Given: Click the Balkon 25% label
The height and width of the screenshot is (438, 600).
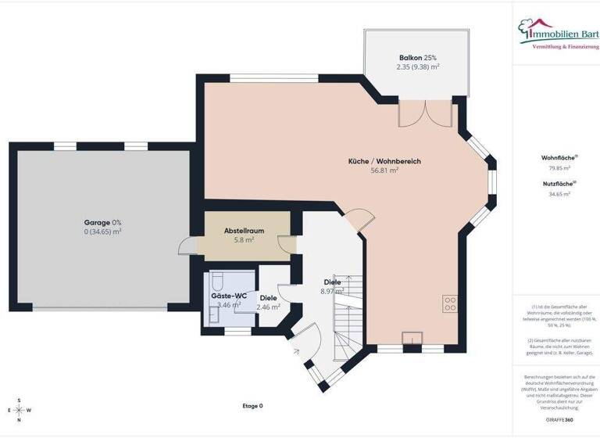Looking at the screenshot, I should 417,58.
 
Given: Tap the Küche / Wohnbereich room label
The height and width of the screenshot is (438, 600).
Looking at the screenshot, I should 384,161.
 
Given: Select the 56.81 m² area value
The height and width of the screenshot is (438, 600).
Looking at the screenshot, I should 384,170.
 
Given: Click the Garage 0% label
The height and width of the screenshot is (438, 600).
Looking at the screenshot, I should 102,222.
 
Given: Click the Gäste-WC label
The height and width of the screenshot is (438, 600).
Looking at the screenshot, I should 229,296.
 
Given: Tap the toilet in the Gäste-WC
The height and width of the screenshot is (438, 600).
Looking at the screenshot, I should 218,282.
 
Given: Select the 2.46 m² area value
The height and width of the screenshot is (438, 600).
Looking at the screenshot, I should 268,307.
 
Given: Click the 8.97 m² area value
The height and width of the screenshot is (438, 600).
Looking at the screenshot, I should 332,291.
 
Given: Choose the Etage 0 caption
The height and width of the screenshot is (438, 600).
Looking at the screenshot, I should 253,406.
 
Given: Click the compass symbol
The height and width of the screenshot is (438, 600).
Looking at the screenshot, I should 19,410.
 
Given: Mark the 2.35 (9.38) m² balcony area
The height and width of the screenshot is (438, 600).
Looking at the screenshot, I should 417,67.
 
